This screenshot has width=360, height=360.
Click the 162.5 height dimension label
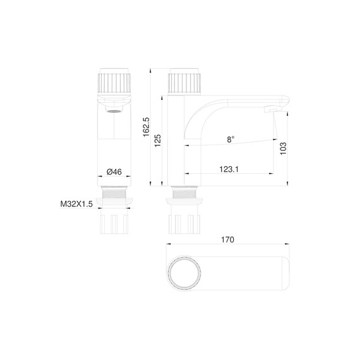click(146, 126)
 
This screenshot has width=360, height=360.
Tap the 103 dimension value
click(284, 148)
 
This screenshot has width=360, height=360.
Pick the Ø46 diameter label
click(114, 171)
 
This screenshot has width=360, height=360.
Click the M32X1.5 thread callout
click(76, 204)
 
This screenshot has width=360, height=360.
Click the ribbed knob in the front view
click(114, 82)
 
